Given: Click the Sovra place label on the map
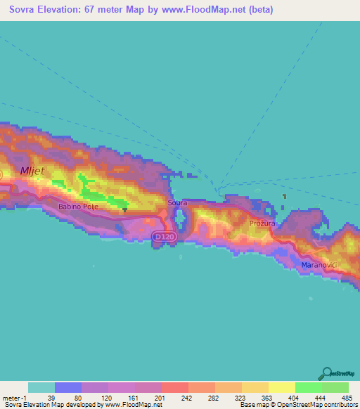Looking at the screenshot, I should (177, 202).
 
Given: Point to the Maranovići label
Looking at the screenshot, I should (320, 265).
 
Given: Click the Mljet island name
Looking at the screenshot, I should (32, 170).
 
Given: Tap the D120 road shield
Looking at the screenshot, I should (162, 238).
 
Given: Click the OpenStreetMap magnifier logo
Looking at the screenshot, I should (326, 373).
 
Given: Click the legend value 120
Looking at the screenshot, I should (108, 397).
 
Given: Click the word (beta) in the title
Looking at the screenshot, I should (258, 11).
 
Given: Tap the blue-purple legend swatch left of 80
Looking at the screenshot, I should (67, 387).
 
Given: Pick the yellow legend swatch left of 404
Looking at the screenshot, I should (281, 387).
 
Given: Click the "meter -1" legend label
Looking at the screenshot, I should (14, 397).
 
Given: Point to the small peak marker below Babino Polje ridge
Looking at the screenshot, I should (124, 209).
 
